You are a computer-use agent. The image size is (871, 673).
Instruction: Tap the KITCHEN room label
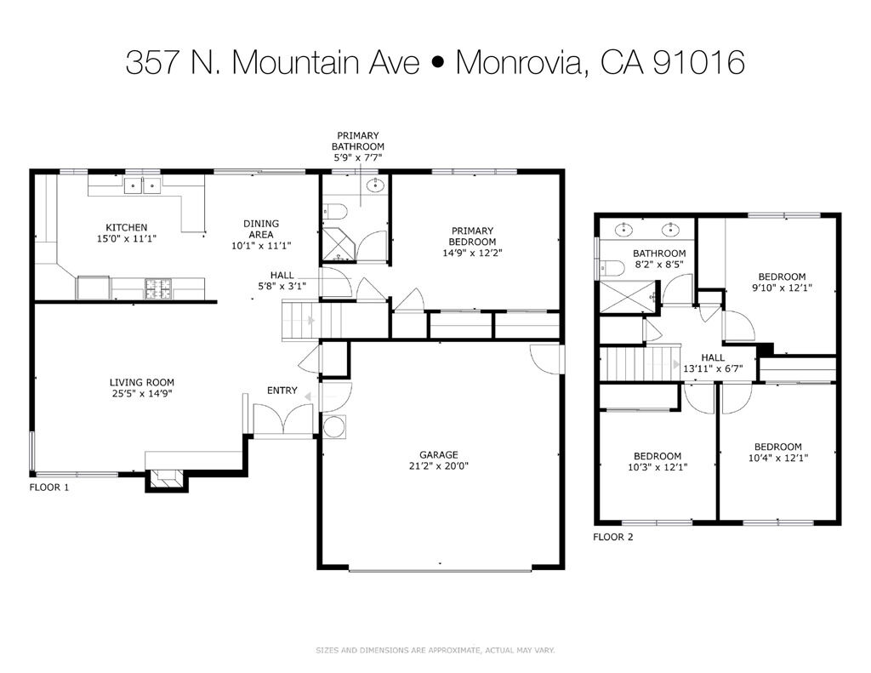tap(126, 227)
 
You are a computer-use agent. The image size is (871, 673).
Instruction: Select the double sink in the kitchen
tap(142, 185)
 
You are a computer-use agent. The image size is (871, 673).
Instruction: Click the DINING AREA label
tap(262, 229)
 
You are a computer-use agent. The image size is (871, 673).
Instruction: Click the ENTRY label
tap(282, 391)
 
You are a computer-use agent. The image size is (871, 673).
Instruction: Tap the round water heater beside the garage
tap(334, 426)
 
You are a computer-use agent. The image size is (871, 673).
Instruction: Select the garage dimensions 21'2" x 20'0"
tap(438, 466)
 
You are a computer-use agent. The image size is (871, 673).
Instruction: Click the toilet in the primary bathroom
tap(333, 212)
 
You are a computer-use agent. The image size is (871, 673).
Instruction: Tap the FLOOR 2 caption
tap(612, 537)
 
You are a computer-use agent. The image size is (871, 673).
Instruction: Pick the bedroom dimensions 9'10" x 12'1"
tap(782, 288)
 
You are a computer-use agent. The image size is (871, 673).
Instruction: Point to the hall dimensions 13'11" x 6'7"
tap(713, 369)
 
